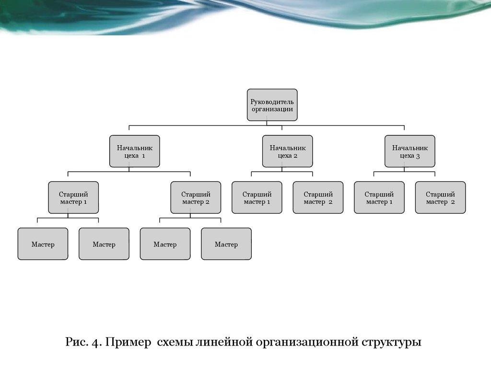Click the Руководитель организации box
[272, 105]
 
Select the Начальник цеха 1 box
[134, 151]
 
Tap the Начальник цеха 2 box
[287, 151]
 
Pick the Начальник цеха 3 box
[409, 151]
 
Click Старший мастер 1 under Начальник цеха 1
[73, 197]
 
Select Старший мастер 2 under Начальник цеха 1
[196, 197]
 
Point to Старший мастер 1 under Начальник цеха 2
[257, 197]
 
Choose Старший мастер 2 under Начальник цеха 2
[318, 197]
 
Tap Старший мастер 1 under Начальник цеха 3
[379, 197]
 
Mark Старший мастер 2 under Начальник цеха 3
[440, 197]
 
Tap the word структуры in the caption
[392, 343]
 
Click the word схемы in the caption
[175, 343]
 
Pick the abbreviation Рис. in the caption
[76, 343]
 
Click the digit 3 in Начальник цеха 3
[418, 156]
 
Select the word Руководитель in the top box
[272, 102]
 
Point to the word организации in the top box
[272, 109]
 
